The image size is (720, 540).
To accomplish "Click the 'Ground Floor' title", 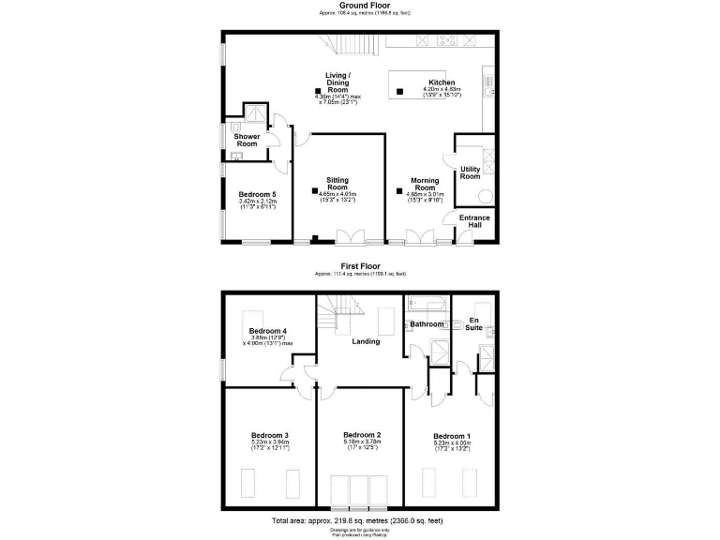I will (x=360, y=6).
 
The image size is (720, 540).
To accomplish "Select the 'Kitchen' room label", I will (x=442, y=82).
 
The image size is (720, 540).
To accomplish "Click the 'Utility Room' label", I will (x=470, y=172).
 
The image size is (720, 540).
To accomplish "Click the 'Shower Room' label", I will (x=247, y=140).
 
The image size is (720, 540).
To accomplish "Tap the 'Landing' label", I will (x=365, y=341).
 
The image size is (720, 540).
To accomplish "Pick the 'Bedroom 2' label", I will (x=361, y=435).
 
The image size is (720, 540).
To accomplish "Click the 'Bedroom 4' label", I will (x=268, y=331).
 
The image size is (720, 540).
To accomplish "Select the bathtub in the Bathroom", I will (x=427, y=305).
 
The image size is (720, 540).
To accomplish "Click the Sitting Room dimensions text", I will (x=337, y=194).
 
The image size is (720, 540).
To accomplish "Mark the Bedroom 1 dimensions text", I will (x=452, y=446).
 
